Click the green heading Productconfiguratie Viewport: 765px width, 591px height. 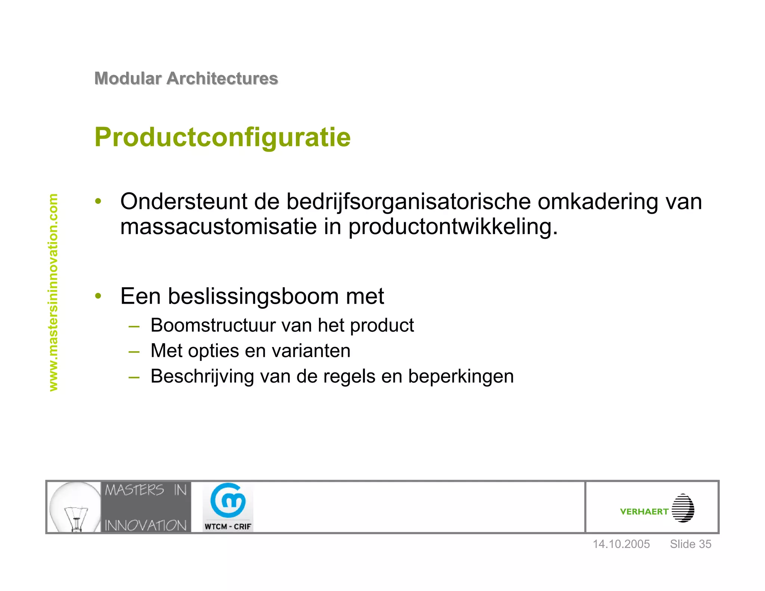223,137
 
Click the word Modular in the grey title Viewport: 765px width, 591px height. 128,78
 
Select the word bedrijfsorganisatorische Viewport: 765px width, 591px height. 408,202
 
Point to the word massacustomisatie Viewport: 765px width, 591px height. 219,226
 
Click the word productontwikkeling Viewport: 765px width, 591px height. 453,226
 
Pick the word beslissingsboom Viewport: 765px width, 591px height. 253,296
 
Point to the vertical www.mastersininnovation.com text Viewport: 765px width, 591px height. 53,292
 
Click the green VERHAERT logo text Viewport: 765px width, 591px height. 644,511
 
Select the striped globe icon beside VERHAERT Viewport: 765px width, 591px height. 683,508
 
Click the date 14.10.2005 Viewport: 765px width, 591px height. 621,544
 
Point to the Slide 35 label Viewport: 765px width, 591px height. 690,544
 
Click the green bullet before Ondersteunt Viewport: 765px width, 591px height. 98,201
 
